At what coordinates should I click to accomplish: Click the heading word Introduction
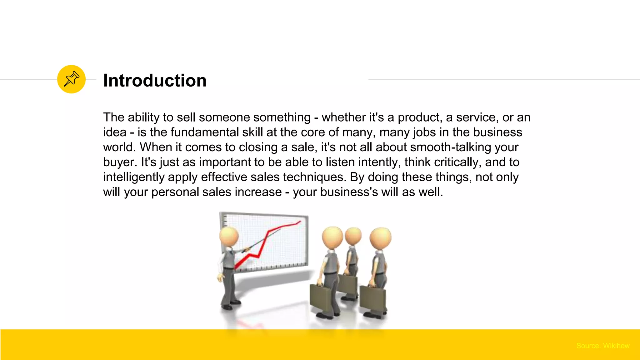pyautogui.click(x=155, y=81)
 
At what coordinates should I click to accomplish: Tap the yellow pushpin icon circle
pyautogui.click(x=71, y=79)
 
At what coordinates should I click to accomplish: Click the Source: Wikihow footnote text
pyautogui.click(x=603, y=346)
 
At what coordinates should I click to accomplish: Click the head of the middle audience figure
pyautogui.click(x=353, y=236)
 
